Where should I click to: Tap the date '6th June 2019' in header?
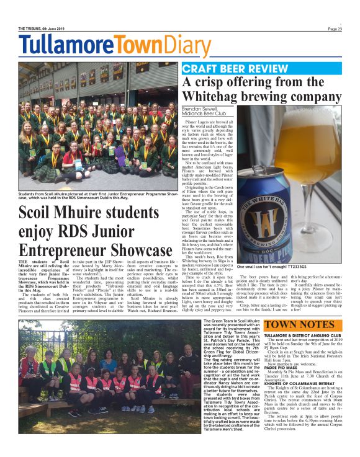(59, 28)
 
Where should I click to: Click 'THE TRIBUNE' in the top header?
(32, 28)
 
